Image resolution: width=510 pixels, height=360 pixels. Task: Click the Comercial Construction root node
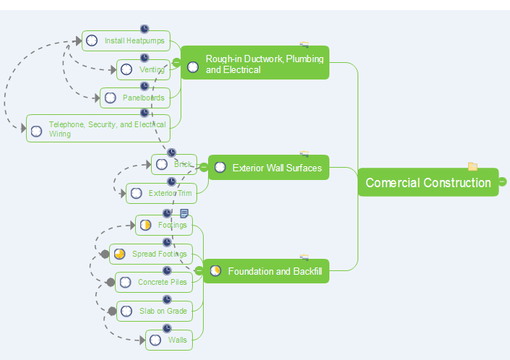pyautogui.click(x=428, y=182)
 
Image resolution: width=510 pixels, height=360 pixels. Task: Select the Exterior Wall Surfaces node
pyautogui.click(x=268, y=168)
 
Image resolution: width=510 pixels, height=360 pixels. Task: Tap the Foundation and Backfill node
pyautogui.click(x=265, y=272)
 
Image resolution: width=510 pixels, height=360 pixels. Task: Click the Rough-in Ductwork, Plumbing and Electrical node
pyautogui.click(x=254, y=64)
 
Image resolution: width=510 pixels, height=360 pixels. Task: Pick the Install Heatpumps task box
pyautogui.click(x=126, y=41)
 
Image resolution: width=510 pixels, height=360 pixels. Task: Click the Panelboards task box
pyautogui.click(x=135, y=98)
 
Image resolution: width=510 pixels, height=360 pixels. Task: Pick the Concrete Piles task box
pyautogui.click(x=153, y=282)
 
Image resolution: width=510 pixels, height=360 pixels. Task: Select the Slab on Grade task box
pyautogui.click(x=154, y=312)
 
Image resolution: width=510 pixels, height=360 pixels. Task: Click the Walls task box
pyautogui.click(x=168, y=340)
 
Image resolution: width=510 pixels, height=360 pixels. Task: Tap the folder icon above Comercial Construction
pyautogui.click(x=472, y=166)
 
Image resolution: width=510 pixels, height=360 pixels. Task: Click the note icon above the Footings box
pyautogui.click(x=184, y=213)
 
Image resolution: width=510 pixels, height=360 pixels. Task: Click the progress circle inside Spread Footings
pyautogui.click(x=120, y=254)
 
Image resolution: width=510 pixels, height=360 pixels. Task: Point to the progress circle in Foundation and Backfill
pyautogui.click(x=215, y=271)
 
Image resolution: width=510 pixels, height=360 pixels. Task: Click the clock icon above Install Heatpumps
pyautogui.click(x=144, y=29)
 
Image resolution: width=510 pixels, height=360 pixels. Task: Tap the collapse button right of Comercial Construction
pyautogui.click(x=503, y=181)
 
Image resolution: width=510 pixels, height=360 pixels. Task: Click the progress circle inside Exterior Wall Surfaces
pyautogui.click(x=220, y=168)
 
